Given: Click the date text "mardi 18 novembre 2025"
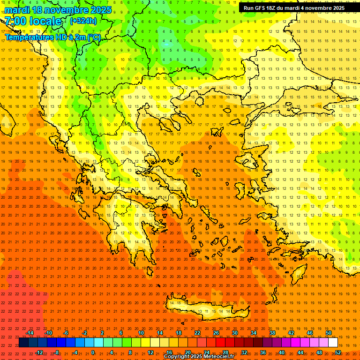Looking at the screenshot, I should [x=58, y=10].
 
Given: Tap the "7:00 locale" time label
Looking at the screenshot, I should [x=33, y=21].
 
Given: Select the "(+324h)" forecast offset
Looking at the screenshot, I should [x=83, y=21].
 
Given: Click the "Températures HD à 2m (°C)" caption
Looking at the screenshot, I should [x=52, y=37].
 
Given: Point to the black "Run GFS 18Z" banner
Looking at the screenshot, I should [x=294, y=7].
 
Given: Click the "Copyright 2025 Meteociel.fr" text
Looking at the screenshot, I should [x=199, y=357].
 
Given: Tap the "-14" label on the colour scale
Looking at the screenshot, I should [x=29, y=333].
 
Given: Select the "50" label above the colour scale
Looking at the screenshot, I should [x=329, y=333].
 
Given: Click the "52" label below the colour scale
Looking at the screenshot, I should [x=338, y=352].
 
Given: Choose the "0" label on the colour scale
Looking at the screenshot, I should [x=93, y=352].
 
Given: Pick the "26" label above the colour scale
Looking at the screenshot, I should [x=216, y=333].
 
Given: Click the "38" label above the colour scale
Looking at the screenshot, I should [x=272, y=333].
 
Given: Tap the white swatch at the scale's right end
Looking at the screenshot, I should [x=333, y=343].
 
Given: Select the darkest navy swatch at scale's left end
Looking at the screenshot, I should [x=23, y=343].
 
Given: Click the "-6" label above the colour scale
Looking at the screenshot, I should [x=66, y=333].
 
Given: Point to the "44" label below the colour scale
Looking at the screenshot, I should [x=300, y=352].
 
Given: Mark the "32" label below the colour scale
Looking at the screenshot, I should [x=244, y=352].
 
